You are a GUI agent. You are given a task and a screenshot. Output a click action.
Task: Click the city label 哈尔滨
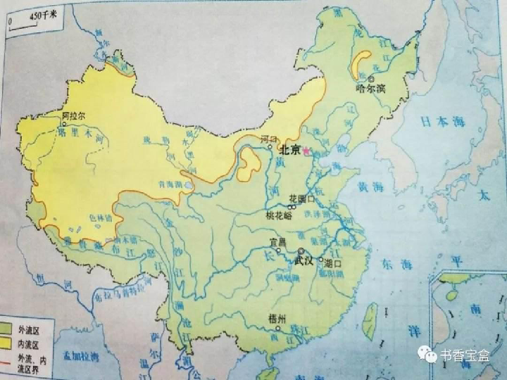click(371, 89)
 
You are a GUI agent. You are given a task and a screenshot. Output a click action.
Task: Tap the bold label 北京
click(289, 150)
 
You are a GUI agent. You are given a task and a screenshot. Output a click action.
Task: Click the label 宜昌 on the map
click(279, 243)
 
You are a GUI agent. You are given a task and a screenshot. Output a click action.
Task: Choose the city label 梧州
click(277, 319)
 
